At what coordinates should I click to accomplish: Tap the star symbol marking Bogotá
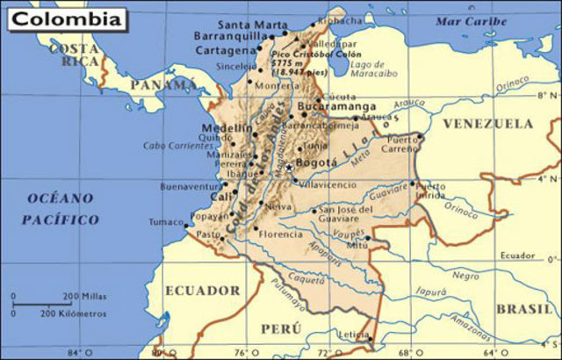point(289,167)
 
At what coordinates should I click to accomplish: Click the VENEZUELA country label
point(487,125)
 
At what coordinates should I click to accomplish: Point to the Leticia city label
point(353,334)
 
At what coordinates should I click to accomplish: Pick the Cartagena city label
point(222,52)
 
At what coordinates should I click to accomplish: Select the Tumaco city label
point(164,222)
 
